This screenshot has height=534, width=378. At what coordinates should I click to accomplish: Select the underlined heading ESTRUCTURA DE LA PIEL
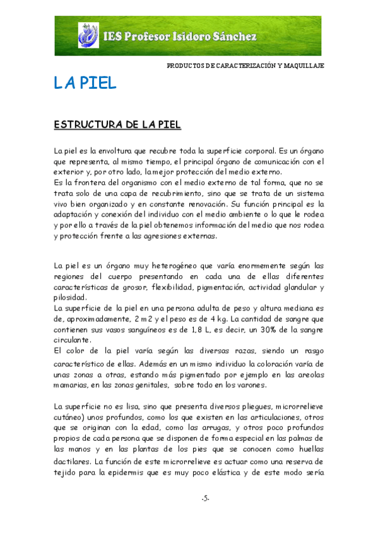click(118, 125)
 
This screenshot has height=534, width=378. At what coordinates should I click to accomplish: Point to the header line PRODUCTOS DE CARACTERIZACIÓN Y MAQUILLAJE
click(245, 66)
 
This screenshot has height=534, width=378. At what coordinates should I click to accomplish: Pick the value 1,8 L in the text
click(191, 329)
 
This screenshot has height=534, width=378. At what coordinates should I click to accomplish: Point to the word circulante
click(73, 340)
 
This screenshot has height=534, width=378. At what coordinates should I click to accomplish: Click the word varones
click(250, 385)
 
